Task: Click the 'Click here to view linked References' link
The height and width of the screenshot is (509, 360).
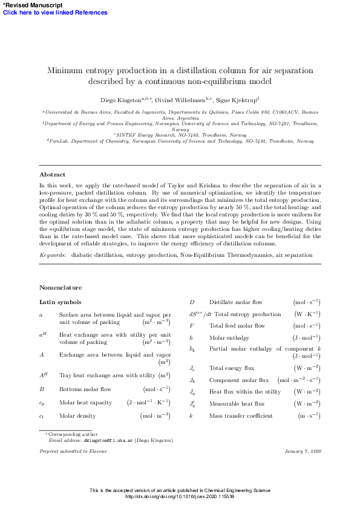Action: pyautogui.click(x=55, y=13)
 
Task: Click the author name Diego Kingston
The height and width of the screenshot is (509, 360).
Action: pyautogui.click(x=120, y=99)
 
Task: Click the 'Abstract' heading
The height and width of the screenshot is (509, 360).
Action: pyautogui.click(x=52, y=175)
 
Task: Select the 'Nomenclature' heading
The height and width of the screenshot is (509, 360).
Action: pyautogui.click(x=61, y=287)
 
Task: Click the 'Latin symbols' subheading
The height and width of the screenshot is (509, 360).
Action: pyautogui.click(x=60, y=302)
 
